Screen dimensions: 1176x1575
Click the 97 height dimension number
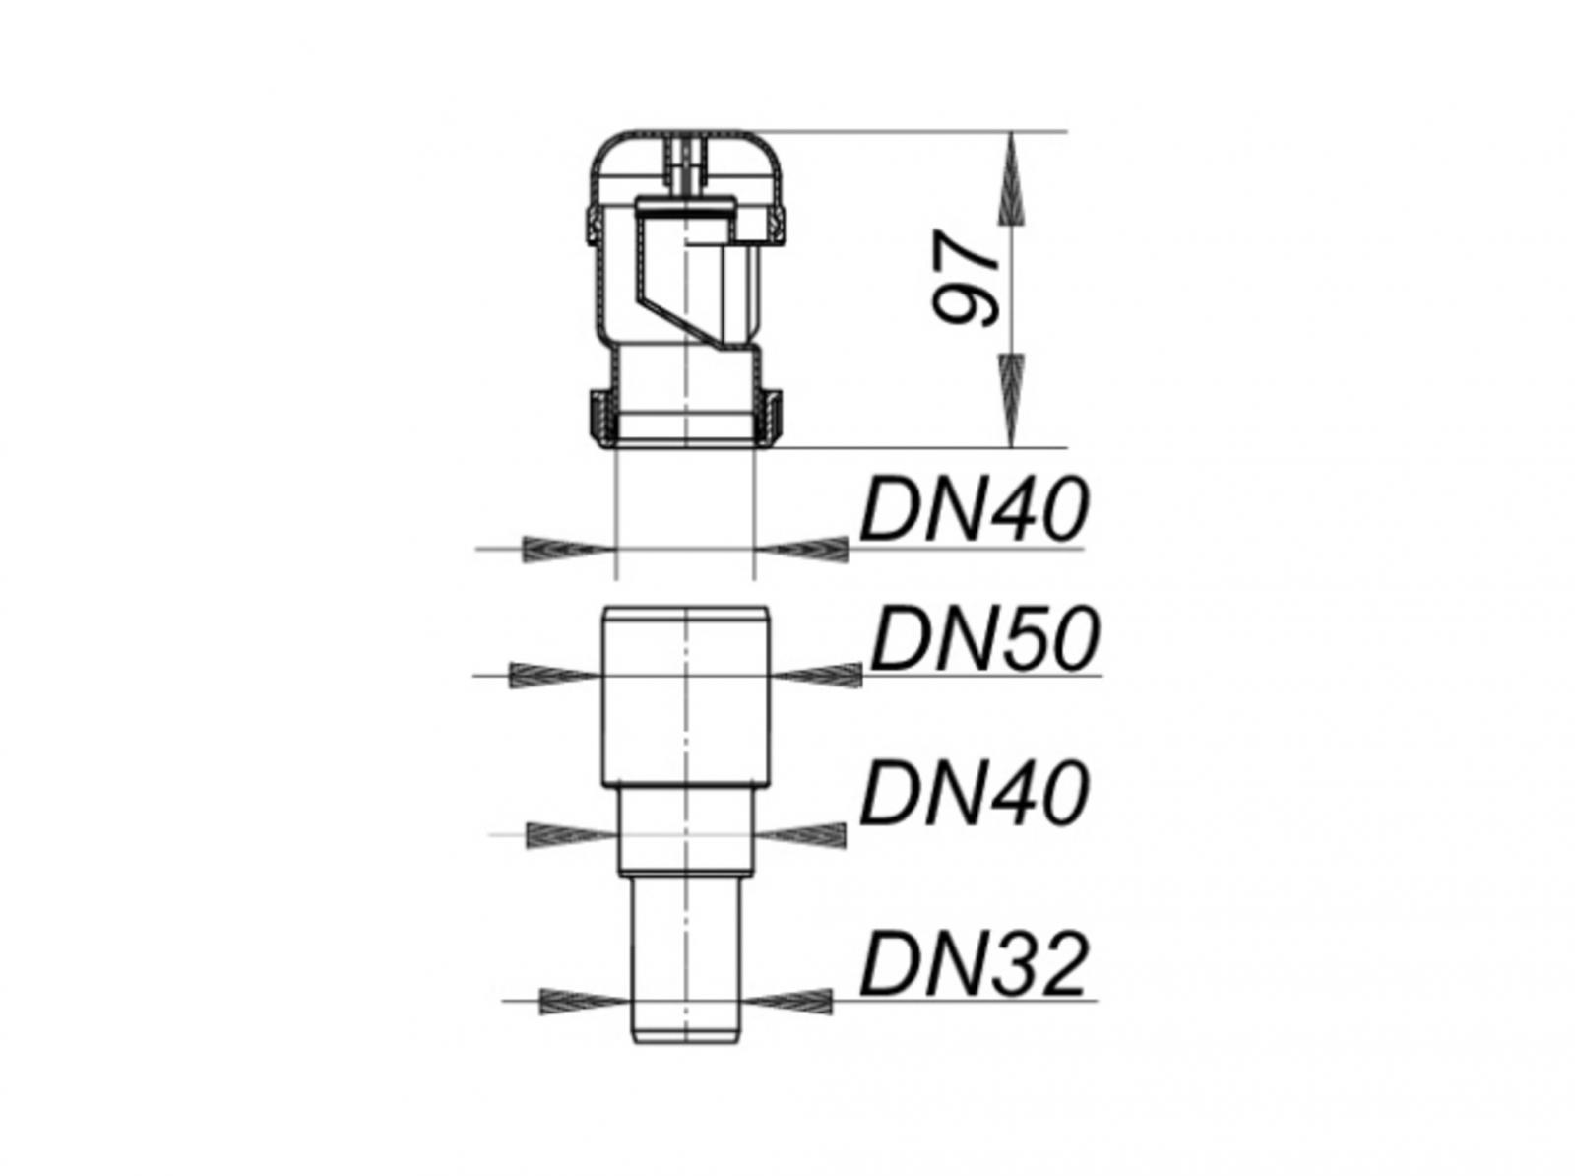tap(966, 279)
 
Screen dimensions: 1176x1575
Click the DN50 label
tap(982, 639)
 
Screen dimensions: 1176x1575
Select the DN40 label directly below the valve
tap(974, 509)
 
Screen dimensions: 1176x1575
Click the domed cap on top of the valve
tap(686, 158)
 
